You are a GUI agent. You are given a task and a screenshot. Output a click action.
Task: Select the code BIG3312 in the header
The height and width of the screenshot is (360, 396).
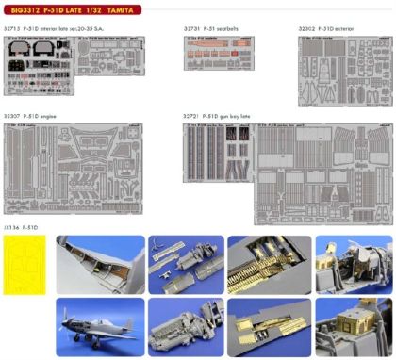(x=24, y=10)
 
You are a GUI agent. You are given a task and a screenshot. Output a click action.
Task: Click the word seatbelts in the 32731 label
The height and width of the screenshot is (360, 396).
(x=234, y=29)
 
